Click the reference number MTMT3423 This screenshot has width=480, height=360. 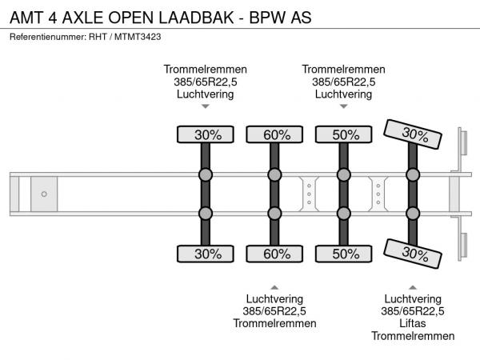pos(138,37)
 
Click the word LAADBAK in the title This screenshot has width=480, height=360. pos(196,18)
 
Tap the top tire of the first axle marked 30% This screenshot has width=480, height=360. pos(206,134)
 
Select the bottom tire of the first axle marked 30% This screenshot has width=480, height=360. pos(206,254)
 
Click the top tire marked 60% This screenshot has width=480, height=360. pos(274,134)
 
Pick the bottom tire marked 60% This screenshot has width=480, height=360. pos(274,254)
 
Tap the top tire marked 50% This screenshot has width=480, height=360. pos(344,134)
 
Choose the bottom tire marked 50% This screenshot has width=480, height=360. pos(344,254)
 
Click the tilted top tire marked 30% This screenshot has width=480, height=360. pos(413,134)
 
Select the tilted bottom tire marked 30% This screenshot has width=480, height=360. pos(413,254)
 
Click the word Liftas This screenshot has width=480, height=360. pos(413,323)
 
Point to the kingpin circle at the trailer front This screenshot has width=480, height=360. pos(44,194)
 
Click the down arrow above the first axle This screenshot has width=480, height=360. pos(206,106)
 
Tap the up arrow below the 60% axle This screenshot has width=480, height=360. pos(274,287)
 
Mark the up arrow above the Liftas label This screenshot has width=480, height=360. pos(413,287)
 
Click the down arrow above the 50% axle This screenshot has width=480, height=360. pos(344,106)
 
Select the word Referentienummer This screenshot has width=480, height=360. pos(47,37)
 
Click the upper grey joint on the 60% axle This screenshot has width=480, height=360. pos(274,174)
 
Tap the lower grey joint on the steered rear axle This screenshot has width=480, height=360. pos(413,214)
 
